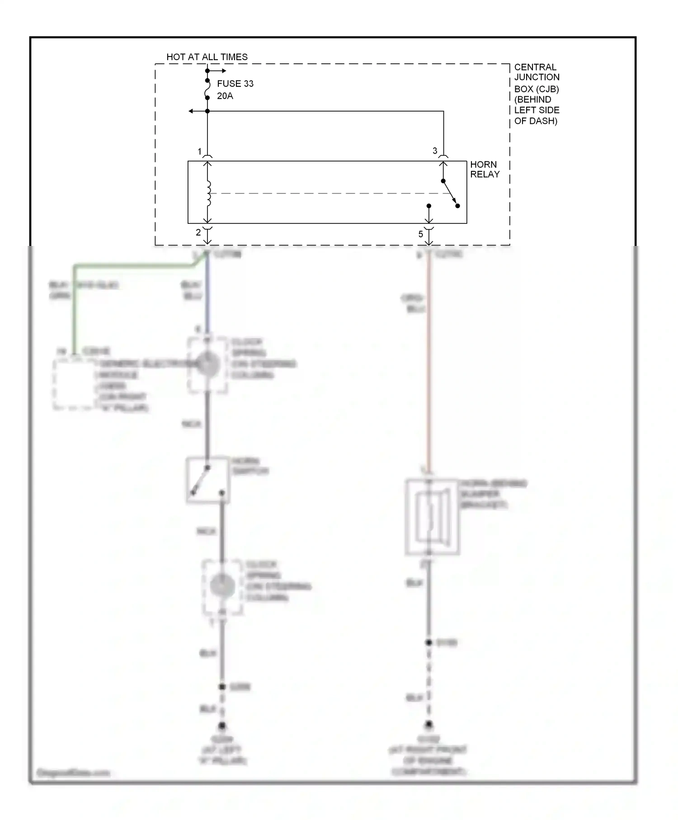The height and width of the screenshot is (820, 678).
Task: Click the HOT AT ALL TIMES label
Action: tap(207, 57)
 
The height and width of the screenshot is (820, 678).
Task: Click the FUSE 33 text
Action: tap(235, 84)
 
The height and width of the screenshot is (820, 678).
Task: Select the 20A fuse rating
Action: tap(225, 96)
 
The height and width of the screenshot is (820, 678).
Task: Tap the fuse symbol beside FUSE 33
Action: tap(207, 89)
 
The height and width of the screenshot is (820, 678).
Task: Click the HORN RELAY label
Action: tap(485, 170)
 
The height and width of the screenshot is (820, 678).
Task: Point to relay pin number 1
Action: tap(199, 151)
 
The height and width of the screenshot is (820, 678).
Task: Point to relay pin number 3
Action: tap(435, 151)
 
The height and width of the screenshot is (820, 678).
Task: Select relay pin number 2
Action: tap(198, 233)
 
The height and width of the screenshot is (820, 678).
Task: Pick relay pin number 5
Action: tap(420, 234)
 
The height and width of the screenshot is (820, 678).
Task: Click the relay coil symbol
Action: tap(208, 193)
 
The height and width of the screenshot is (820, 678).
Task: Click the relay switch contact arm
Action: tap(450, 193)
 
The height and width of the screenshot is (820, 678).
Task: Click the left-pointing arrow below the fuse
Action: tap(192, 111)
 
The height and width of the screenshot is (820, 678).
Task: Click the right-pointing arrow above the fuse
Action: tap(223, 71)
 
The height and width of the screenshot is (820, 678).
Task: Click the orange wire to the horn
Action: tap(428, 362)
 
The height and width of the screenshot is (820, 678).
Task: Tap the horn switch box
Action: tap(207, 480)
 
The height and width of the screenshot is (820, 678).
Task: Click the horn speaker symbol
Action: tap(433, 517)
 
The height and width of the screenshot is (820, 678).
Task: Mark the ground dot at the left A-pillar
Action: tap(222, 726)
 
